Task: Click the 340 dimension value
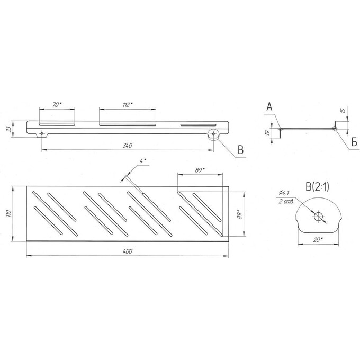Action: [x=128, y=146]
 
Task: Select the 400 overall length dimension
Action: [x=128, y=251]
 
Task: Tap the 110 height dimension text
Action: [x=8, y=213]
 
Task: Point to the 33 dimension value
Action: [x=8, y=129]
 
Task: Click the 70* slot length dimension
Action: [x=57, y=105]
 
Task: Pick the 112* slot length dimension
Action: [x=128, y=105]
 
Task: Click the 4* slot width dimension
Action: [x=143, y=161]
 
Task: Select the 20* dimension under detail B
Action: [x=318, y=240]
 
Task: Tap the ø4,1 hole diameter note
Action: [x=284, y=193]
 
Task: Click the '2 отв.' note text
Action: [x=286, y=202]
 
